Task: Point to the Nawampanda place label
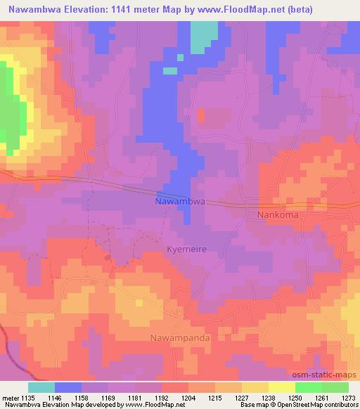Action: pos(180,338)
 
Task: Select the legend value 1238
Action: pos(269,397)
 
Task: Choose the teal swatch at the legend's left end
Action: pos(41,387)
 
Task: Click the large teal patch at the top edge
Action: pos(204,35)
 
